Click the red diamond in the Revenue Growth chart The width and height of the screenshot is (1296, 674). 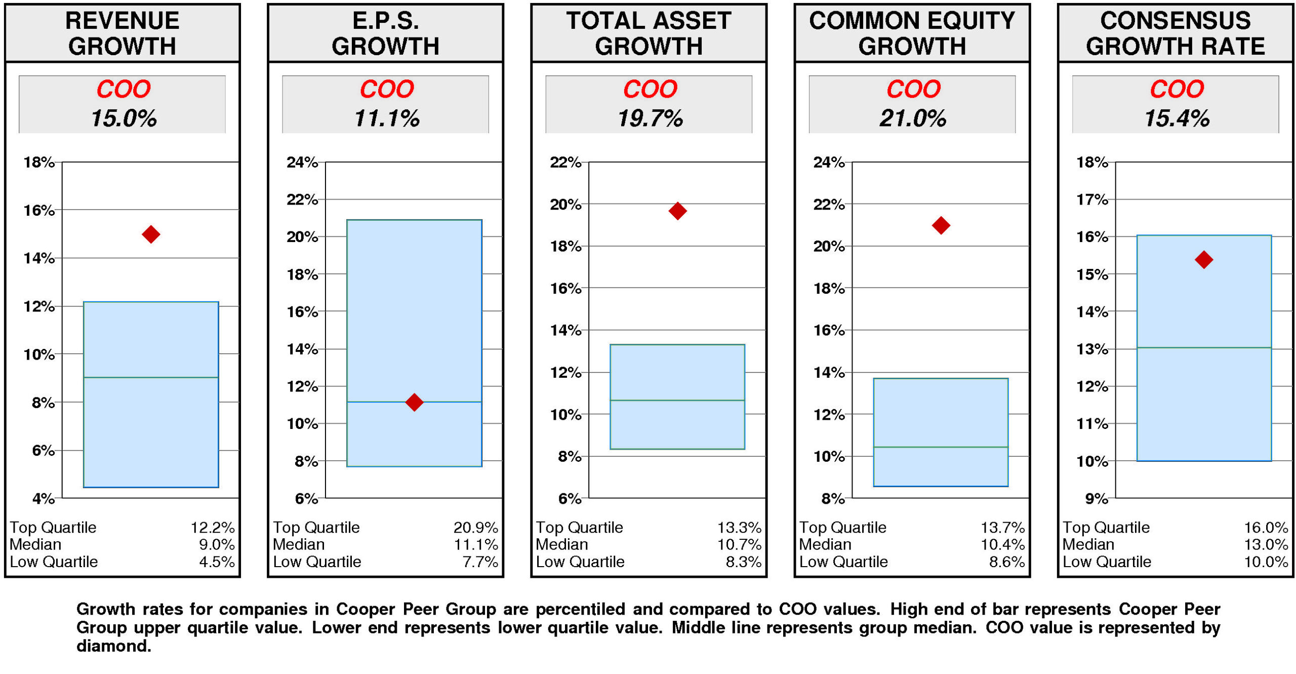151,234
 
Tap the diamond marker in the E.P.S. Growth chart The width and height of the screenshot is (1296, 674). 414,403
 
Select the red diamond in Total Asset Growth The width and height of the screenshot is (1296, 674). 677,211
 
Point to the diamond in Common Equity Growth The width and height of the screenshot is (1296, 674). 941,225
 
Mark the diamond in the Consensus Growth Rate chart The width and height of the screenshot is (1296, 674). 1203,260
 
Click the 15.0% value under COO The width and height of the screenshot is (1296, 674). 124,118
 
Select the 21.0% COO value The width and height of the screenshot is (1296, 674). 912,118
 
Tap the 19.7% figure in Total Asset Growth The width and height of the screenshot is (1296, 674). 650,118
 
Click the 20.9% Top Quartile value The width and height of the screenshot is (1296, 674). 475,528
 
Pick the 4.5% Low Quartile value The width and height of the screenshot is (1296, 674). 217,562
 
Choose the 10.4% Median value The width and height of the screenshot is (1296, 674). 1002,544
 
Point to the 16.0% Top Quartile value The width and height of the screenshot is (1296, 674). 1266,528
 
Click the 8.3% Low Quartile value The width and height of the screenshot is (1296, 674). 743,562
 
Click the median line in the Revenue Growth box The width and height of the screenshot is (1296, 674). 151,377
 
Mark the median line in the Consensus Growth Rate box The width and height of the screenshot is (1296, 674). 1203,347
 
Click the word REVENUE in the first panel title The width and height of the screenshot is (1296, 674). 122,21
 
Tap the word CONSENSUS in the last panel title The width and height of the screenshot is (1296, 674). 1175,21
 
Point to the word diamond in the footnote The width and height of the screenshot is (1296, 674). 113,646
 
